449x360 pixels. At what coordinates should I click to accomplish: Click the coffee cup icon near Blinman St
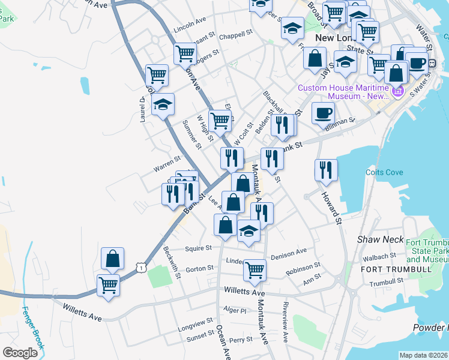click(324, 113)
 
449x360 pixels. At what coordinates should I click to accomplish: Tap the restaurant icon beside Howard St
click(326, 170)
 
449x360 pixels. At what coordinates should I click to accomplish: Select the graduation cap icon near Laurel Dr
click(163, 105)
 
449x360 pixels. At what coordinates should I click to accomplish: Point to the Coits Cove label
click(380, 172)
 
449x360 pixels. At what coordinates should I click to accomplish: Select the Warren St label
click(167, 161)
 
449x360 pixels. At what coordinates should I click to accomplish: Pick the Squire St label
click(200, 247)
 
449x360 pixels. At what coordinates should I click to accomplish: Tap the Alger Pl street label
click(235, 310)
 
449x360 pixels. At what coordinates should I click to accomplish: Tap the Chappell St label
click(234, 36)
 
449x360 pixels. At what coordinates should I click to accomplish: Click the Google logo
click(20, 353)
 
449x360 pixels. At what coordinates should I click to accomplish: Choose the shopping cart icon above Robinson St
click(255, 270)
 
